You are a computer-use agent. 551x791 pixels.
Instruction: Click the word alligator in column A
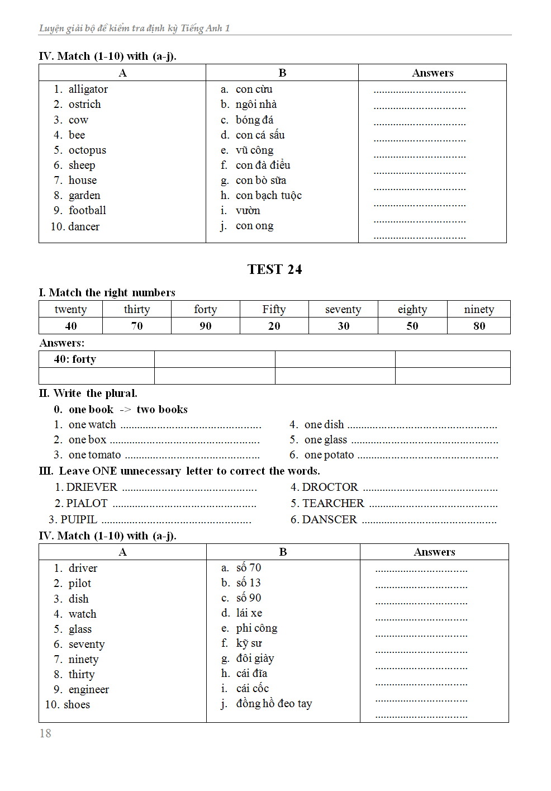[88, 89]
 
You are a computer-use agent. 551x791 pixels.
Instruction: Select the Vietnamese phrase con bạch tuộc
[268, 196]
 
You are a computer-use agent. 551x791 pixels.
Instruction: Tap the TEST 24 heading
[274, 269]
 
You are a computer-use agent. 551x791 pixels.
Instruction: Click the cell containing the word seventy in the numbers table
[343, 310]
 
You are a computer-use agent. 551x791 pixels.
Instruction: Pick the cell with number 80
[479, 326]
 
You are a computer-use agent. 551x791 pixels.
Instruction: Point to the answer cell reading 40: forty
[75, 359]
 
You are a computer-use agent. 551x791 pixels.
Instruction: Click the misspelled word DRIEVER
[92, 487]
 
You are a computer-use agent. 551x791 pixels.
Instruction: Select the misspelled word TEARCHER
[333, 504]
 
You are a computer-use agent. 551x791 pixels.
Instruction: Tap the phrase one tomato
[94, 455]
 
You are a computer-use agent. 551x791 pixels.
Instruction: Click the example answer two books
[162, 410]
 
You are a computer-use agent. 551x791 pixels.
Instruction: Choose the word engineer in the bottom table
[88, 690]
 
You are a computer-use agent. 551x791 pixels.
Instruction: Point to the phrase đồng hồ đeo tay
[274, 704]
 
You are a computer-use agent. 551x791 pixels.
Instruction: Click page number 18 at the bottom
[45, 733]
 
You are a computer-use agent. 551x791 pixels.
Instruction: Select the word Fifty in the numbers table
[274, 310]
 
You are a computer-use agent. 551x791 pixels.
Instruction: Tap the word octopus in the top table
[87, 150]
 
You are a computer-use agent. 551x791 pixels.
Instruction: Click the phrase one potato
[329, 455]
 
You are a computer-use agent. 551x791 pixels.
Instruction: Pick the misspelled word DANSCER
[329, 520]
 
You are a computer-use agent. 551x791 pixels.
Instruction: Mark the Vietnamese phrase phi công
[256, 628]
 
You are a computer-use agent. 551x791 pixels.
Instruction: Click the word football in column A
[87, 211]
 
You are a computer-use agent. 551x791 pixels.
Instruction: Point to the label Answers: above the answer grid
[62, 343]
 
